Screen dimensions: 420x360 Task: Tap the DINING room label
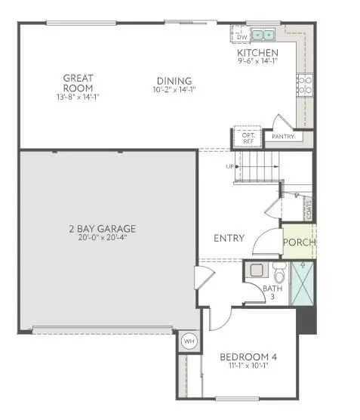(x=174, y=81)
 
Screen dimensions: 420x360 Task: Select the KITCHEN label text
(x=257, y=53)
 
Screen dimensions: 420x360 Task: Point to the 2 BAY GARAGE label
(x=106, y=228)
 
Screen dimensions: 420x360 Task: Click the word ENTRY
(x=229, y=238)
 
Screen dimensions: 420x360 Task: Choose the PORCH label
(x=299, y=242)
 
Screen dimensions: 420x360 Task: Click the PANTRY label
(x=282, y=137)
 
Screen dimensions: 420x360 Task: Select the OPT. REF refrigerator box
(x=248, y=137)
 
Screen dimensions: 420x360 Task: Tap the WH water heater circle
(x=188, y=341)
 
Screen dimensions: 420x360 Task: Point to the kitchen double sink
(x=263, y=34)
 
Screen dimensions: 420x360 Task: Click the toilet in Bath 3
(x=278, y=271)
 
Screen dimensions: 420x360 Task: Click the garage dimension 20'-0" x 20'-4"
(x=106, y=238)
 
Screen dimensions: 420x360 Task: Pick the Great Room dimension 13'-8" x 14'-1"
(x=77, y=96)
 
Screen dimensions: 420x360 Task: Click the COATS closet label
(x=309, y=208)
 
